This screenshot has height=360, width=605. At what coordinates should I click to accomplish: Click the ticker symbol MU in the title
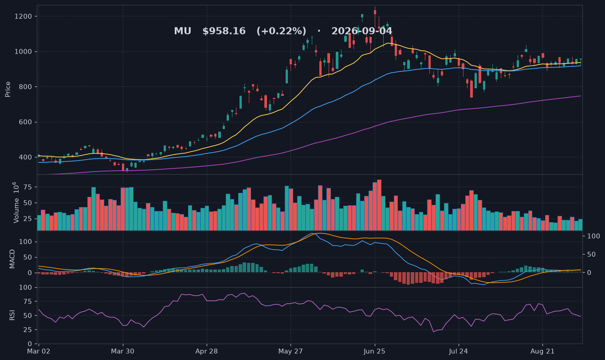[x=183, y=31]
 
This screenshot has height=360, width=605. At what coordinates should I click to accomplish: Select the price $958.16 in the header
[x=224, y=31]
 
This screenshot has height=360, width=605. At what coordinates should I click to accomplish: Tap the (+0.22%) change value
[x=282, y=31]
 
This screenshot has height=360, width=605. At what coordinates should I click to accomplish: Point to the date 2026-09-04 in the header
[x=361, y=31]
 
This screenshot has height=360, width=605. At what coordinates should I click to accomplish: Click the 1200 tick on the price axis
[x=23, y=16]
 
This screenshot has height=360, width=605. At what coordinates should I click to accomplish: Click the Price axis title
[x=8, y=89]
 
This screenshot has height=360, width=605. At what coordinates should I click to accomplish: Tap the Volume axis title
[x=16, y=203]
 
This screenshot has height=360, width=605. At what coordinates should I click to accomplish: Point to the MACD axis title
[x=12, y=259]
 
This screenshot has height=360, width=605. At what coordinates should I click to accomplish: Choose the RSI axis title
[x=12, y=315]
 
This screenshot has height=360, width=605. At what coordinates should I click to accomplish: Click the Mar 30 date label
[x=123, y=352]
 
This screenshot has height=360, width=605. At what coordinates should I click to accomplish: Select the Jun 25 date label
[x=374, y=352]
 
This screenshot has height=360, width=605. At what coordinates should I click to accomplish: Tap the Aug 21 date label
[x=542, y=352]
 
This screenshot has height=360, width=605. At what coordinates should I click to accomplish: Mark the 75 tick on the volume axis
[x=28, y=187]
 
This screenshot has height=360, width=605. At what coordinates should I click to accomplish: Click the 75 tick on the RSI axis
[x=28, y=301]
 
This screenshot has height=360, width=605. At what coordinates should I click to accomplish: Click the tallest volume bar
[x=379, y=205]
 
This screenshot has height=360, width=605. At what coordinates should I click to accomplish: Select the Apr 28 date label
[x=207, y=352]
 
